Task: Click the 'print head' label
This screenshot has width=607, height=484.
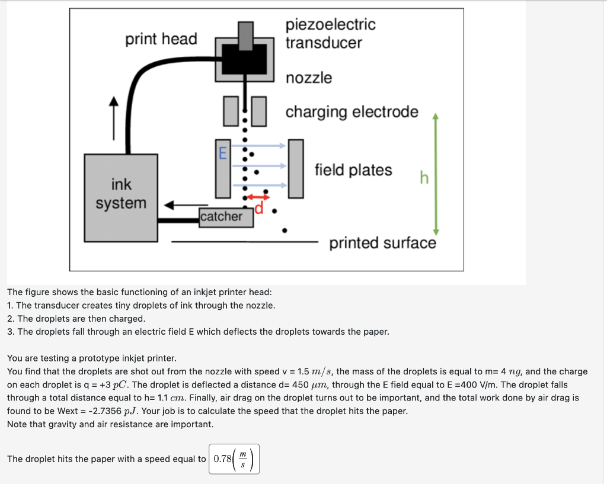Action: (x=161, y=39)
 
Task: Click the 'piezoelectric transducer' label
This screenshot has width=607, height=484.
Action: (x=330, y=34)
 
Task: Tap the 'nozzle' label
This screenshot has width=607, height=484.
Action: (x=309, y=78)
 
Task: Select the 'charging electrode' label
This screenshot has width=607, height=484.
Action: (x=352, y=112)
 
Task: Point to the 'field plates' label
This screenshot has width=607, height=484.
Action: (x=353, y=171)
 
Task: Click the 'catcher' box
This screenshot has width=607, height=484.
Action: (x=221, y=217)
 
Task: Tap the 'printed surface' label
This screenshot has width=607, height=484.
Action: (x=382, y=243)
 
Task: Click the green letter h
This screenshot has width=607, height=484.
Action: (x=423, y=178)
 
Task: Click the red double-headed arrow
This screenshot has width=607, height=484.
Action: (x=258, y=197)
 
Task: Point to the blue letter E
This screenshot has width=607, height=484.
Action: (x=222, y=153)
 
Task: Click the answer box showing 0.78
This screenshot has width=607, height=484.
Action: (x=234, y=459)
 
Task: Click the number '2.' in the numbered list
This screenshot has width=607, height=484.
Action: (x=11, y=319)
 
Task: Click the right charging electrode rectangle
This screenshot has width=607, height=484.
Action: (x=258, y=111)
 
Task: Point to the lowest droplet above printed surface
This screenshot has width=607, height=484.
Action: (x=285, y=230)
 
